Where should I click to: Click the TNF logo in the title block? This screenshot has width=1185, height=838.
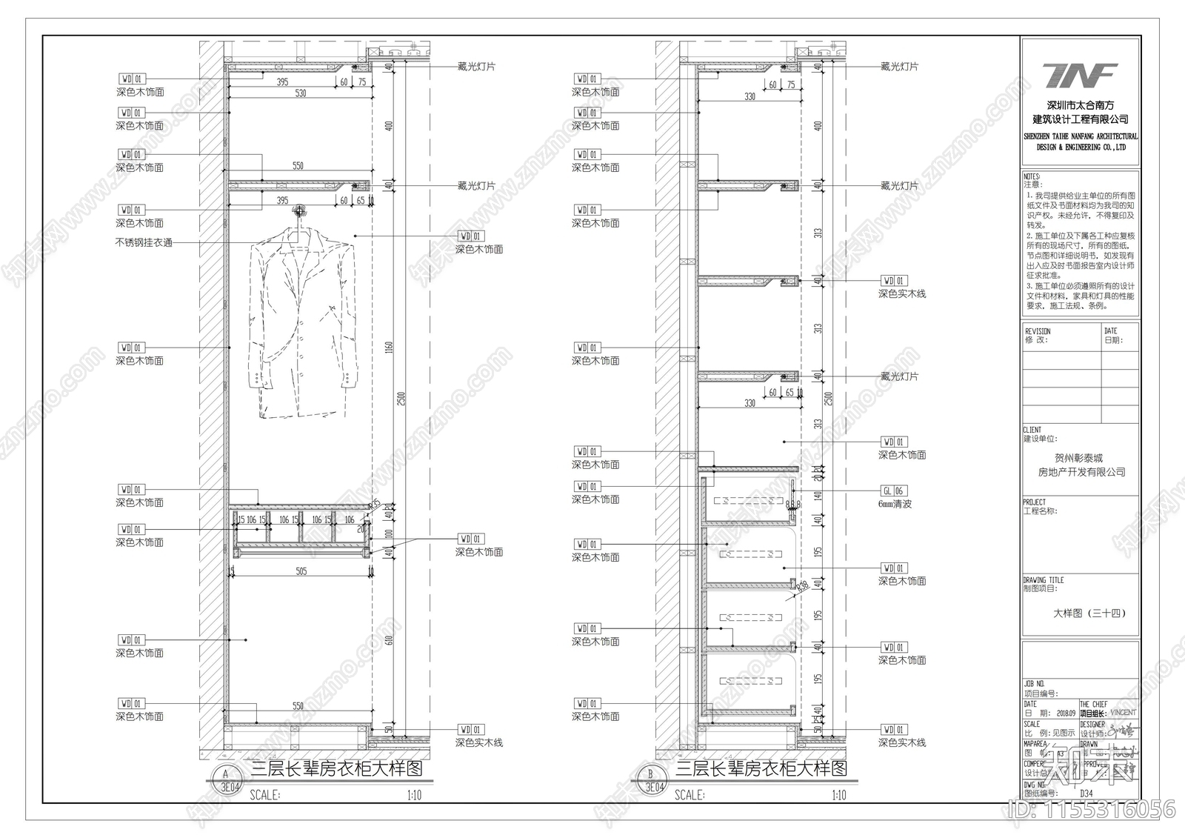[1081, 76]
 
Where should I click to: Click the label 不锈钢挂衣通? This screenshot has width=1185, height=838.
[144, 242]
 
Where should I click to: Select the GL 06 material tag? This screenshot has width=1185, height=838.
[893, 491]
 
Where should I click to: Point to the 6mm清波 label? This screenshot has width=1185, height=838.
[895, 504]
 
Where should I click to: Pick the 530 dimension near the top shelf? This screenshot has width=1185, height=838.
[300, 93]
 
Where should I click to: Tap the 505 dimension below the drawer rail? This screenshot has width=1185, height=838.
[301, 571]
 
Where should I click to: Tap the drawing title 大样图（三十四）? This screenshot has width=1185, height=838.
[1089, 613]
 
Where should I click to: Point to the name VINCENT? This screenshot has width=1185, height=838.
[1123, 713]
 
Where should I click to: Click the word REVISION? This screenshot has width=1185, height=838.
[1038, 331]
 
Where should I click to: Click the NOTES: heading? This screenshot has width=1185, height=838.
[1032, 177]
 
